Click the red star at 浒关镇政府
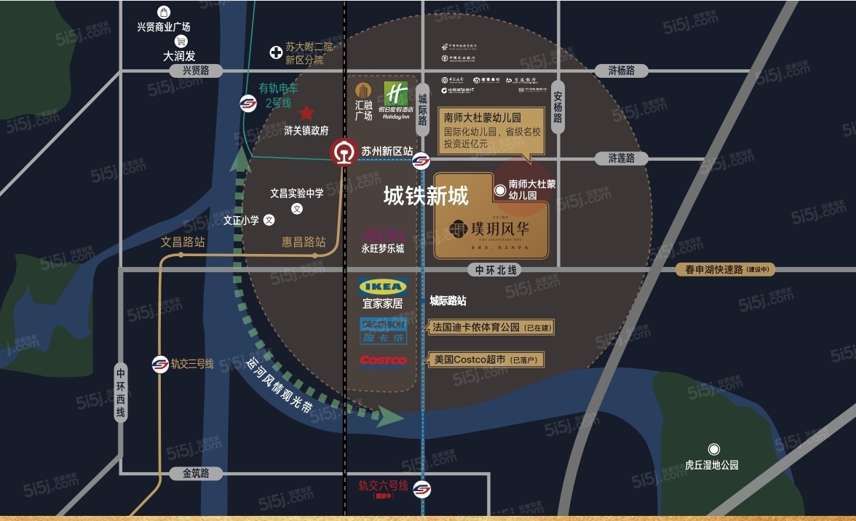[x=306, y=113]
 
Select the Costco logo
[x=383, y=360]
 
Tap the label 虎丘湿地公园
[x=712, y=465]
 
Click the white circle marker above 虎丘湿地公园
[x=714, y=449]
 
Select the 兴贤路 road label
[x=195, y=71]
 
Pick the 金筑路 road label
[x=195, y=474]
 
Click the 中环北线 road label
[x=496, y=270]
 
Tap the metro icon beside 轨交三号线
[x=160, y=364]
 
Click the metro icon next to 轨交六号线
[x=421, y=489]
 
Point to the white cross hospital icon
[x=276, y=52]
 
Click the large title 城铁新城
[x=426, y=196]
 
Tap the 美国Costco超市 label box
[x=485, y=359]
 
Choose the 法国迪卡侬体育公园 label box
[x=491, y=327]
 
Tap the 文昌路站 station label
[x=183, y=242]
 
